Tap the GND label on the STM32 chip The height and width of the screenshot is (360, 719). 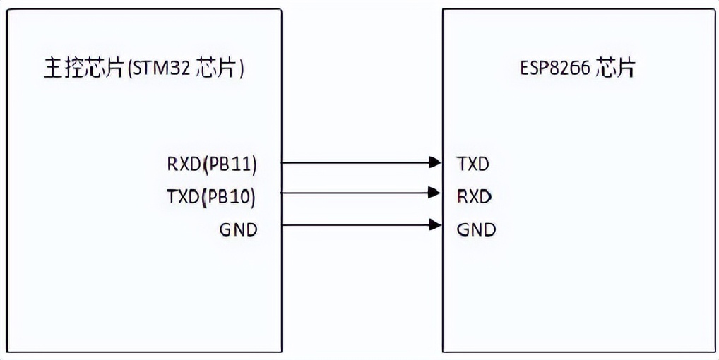(x=237, y=230)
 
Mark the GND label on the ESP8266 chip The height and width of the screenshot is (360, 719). (x=476, y=230)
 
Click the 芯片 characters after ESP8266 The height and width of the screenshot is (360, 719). (x=615, y=68)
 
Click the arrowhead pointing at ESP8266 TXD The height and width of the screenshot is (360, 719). (x=435, y=163)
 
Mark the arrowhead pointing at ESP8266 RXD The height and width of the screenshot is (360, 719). (x=435, y=192)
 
